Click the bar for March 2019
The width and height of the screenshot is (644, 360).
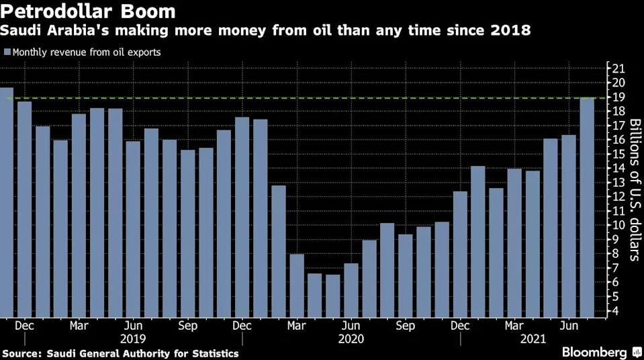79,215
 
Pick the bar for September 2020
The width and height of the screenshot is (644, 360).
406,275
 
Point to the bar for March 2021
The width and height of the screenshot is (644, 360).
514,242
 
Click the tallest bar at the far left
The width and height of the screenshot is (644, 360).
6,201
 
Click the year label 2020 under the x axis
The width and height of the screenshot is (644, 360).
350,339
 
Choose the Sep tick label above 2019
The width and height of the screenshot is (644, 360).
188,326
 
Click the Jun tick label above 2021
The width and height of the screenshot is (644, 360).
569,326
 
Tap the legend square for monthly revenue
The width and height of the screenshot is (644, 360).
7,52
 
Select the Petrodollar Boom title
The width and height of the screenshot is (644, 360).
89,12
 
